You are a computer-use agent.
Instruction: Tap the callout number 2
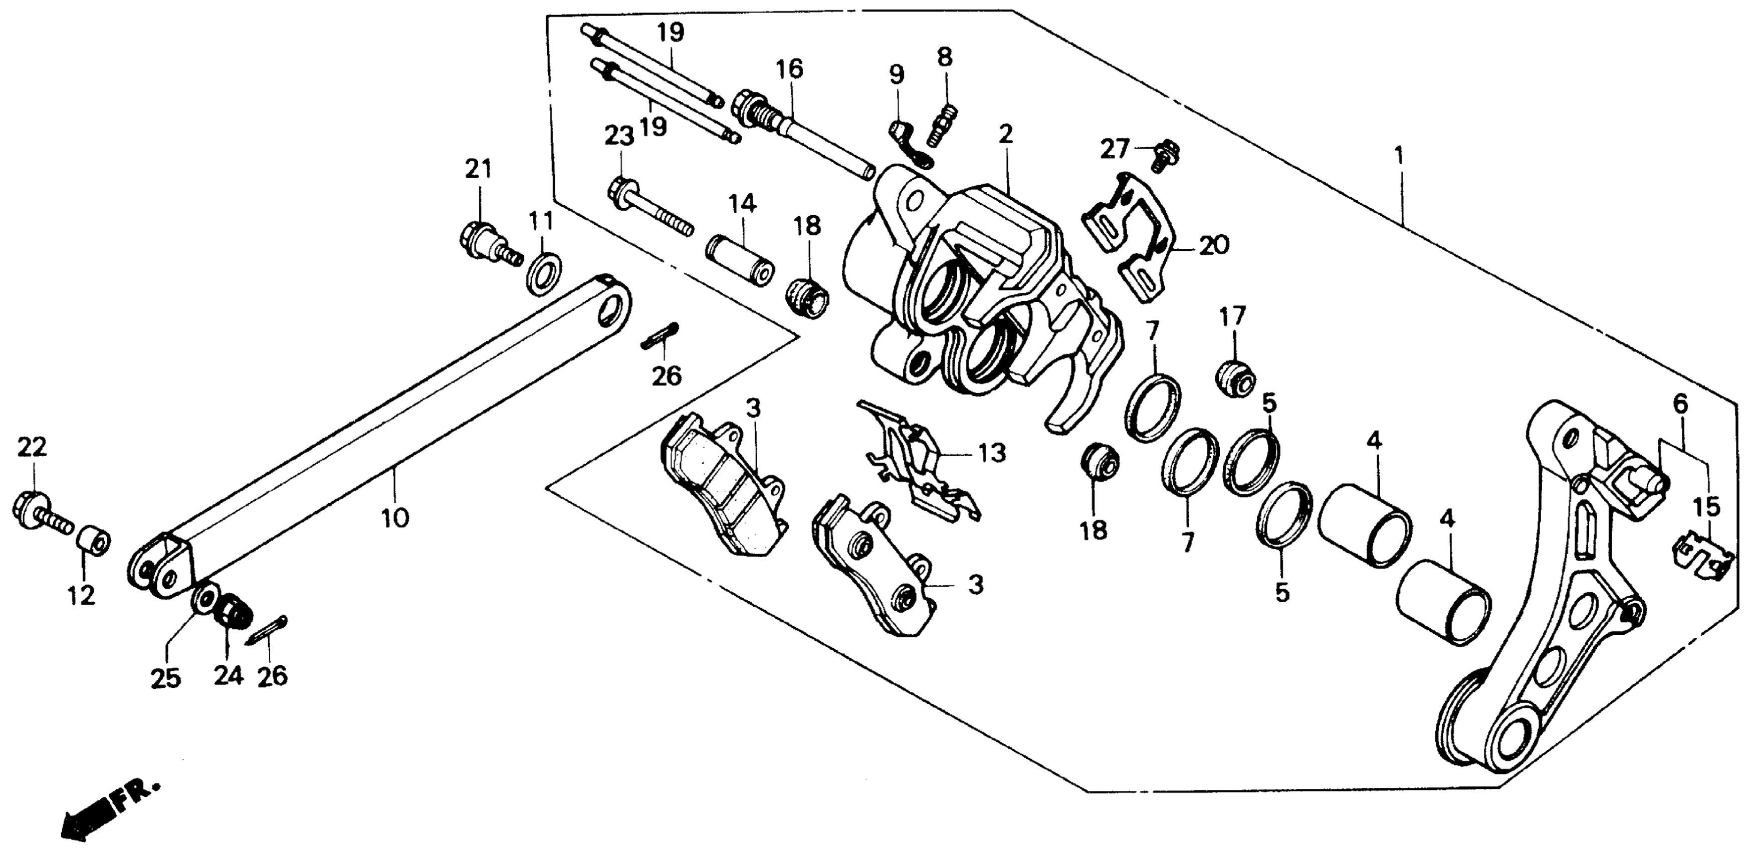click(1005, 133)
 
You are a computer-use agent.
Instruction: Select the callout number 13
click(992, 453)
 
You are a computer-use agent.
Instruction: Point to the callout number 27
click(1114, 149)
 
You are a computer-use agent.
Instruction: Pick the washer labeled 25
click(203, 598)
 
